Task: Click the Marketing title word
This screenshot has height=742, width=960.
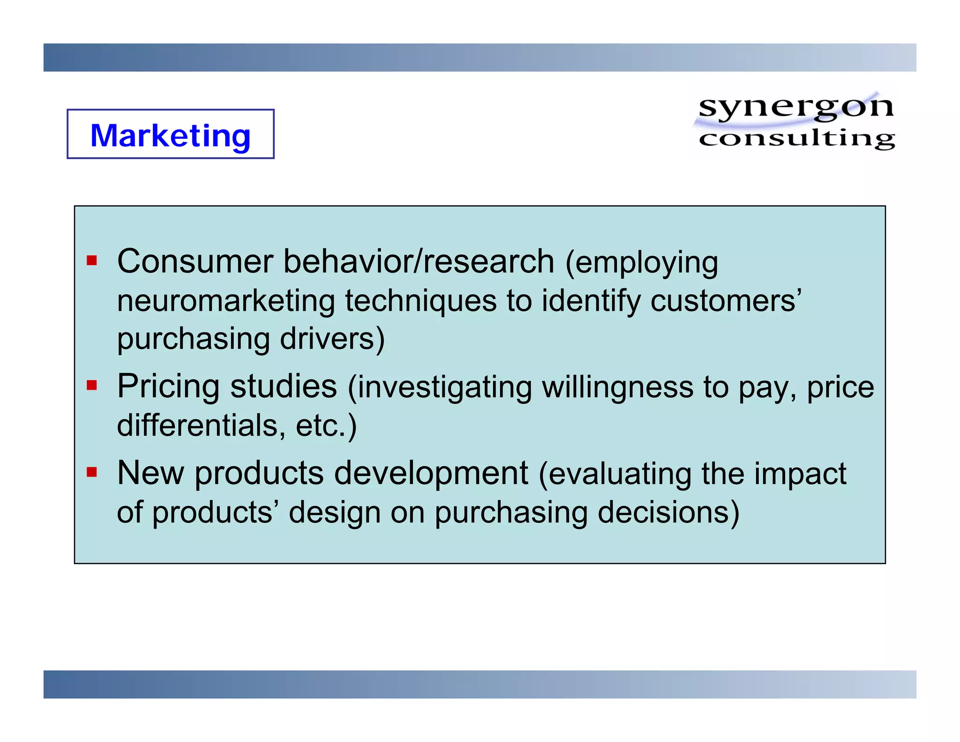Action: (170, 136)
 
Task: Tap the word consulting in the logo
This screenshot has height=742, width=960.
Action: (796, 139)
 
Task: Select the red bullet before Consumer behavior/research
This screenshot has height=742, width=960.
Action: (92, 260)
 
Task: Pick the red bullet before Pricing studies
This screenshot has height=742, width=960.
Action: (92, 386)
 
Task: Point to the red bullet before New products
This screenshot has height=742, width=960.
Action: (92, 472)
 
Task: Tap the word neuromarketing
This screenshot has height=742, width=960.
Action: (225, 301)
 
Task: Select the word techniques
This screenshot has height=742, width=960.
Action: (420, 301)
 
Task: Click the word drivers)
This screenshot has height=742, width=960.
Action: (332, 339)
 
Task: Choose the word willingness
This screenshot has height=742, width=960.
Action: (617, 387)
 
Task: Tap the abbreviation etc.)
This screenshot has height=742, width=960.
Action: (326, 425)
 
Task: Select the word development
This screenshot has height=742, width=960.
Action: (431, 473)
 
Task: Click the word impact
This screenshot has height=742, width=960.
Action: (800, 474)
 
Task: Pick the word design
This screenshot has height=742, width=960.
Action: (334, 513)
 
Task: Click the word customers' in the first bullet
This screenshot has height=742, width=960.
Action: (726, 301)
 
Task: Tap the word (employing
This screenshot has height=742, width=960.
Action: (641, 262)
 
